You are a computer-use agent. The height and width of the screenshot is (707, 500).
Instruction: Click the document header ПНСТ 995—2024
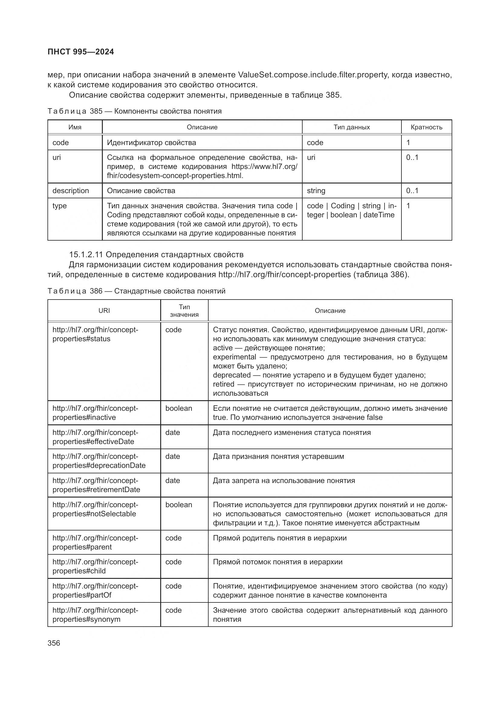[x=81, y=52]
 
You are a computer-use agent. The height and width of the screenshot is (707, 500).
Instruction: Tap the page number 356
[x=54, y=643]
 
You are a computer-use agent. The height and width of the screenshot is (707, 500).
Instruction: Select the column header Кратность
[x=426, y=127]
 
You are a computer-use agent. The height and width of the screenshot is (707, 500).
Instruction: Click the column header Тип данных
[x=351, y=127]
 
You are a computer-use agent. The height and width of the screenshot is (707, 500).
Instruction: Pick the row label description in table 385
[x=70, y=191]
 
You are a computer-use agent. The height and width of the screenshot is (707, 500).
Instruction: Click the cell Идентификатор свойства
[x=151, y=143]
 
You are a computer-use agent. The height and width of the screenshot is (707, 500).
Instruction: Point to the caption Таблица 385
[x=75, y=111]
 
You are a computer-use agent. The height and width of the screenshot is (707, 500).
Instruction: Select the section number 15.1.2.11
[x=86, y=255]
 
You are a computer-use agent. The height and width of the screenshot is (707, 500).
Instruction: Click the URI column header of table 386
[x=104, y=311]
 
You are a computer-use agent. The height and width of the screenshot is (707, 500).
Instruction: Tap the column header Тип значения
[x=184, y=311]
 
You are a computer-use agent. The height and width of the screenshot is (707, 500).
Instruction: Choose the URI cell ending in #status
[x=95, y=334]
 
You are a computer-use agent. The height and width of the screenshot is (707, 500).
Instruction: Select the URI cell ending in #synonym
[x=95, y=615]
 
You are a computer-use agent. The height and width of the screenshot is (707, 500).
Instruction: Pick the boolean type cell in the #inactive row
[x=179, y=408]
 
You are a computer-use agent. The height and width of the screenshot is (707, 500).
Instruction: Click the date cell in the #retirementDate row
[x=172, y=481]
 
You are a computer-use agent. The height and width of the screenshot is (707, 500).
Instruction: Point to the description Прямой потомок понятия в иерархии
[x=278, y=562]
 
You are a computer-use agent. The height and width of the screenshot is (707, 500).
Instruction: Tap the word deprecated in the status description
[x=232, y=375]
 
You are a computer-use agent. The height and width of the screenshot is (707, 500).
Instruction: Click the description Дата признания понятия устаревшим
[x=278, y=456]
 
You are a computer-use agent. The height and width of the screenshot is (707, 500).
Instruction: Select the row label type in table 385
[x=60, y=206]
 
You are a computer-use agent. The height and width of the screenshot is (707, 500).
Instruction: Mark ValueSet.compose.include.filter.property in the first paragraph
[x=313, y=75]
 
